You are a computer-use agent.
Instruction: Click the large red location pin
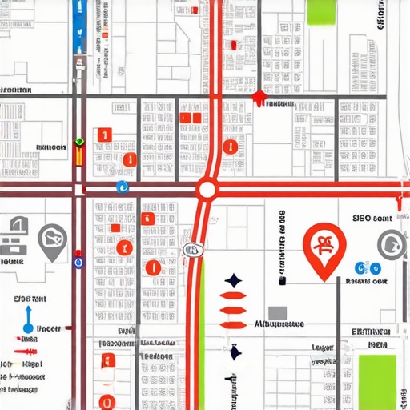point(325,248)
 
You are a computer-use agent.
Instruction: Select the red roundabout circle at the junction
point(207,190)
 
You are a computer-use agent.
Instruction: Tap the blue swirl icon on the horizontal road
point(123,187)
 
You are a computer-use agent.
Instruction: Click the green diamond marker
point(78,142)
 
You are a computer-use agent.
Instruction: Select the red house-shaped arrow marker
point(258,98)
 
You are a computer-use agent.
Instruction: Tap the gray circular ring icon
point(392,243)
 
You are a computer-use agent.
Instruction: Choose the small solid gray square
point(277,312)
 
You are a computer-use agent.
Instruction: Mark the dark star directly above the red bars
point(233,281)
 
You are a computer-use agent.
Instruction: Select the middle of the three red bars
point(233,310)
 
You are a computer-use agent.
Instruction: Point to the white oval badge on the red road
point(191,250)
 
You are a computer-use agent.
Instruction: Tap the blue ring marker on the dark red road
point(78,261)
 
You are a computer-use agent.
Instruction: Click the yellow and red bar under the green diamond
point(78,155)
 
